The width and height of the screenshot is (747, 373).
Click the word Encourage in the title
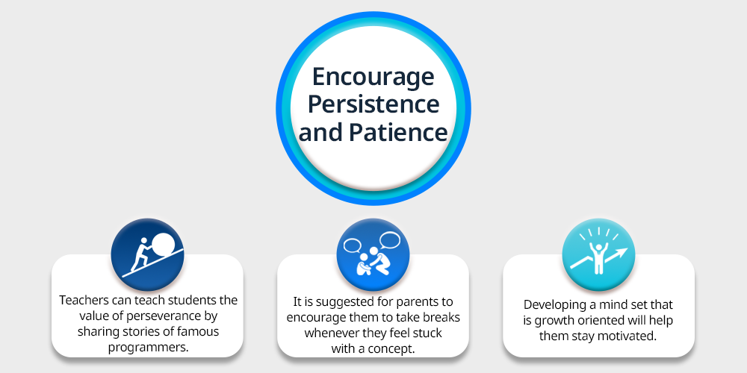[x=373, y=78]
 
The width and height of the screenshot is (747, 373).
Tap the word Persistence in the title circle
[x=373, y=104]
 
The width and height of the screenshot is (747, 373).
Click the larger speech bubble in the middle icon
[x=389, y=241]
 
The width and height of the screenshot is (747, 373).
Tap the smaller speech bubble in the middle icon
[x=353, y=245]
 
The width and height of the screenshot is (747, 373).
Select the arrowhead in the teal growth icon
[x=623, y=253]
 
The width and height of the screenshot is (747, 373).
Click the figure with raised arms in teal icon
[x=598, y=259]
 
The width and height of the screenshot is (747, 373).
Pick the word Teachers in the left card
[x=81, y=301]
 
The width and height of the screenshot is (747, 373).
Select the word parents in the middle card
[x=412, y=301]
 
